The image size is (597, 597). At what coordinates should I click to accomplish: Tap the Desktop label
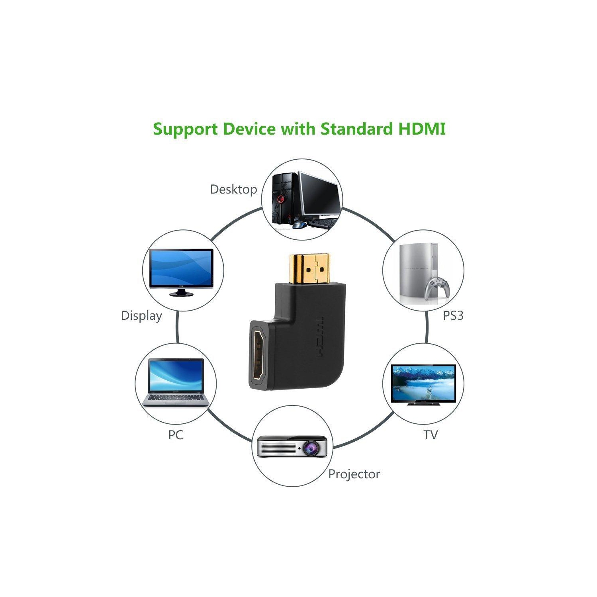[233, 189]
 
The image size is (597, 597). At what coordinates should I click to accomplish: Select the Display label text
[141, 315]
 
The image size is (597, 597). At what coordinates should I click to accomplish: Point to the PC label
[175, 435]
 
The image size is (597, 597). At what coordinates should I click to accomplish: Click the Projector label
[354, 474]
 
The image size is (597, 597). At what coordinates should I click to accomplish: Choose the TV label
[430, 435]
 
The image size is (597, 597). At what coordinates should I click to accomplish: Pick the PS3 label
[453, 315]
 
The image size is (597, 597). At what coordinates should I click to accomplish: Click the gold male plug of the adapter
[309, 268]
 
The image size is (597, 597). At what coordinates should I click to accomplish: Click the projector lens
[310, 448]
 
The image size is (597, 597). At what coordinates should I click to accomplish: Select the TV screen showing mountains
[423, 382]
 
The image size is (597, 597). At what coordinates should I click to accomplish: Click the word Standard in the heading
[356, 129]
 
